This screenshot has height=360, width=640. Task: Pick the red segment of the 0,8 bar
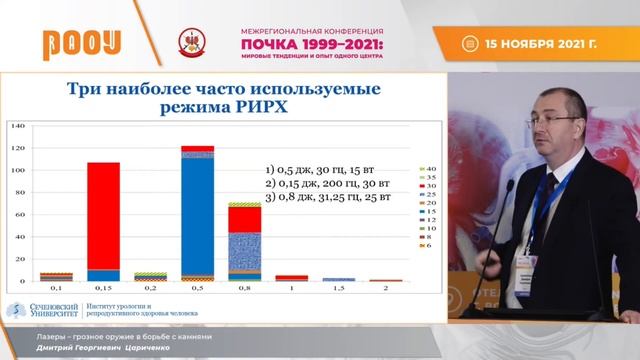[244, 219]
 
